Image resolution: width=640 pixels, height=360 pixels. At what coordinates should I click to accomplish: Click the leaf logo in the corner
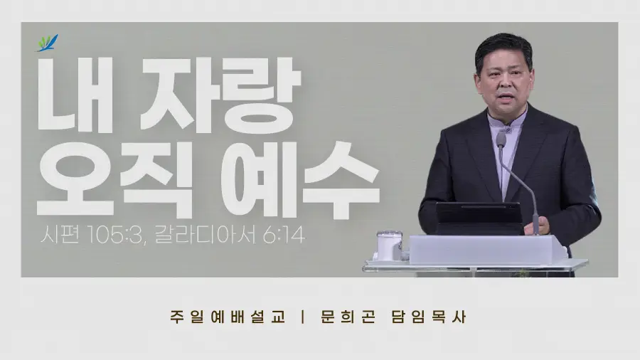pos(48,43)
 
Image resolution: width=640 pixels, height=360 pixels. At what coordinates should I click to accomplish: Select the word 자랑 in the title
pos(220,95)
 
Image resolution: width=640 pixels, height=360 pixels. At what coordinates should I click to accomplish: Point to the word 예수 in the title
pos(300,179)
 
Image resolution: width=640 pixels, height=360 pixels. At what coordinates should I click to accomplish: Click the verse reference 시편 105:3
pos(90,235)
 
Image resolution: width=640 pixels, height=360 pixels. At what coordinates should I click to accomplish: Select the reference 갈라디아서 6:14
pos(230,235)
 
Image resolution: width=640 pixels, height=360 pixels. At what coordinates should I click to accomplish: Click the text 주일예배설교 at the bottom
pos(228,317)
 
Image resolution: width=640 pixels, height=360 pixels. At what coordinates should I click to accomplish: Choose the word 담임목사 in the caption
pos(429,317)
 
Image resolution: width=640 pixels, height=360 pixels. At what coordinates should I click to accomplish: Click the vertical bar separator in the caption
pos(302,317)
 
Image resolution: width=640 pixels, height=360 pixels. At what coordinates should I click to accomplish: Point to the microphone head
pos(501,139)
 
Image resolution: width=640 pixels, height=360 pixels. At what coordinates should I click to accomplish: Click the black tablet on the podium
pos(479,218)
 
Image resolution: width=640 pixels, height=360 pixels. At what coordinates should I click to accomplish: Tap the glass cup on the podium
pos(389,245)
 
